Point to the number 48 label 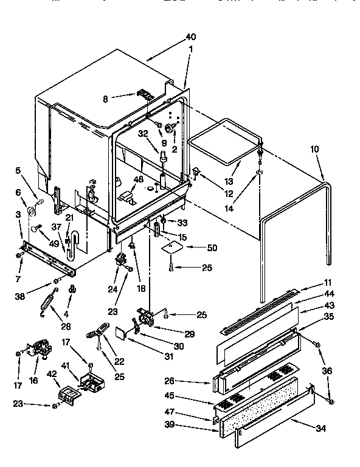tap(139, 179)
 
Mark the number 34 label tap(320, 428)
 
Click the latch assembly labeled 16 tap(40, 348)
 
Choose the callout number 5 tap(18, 170)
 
